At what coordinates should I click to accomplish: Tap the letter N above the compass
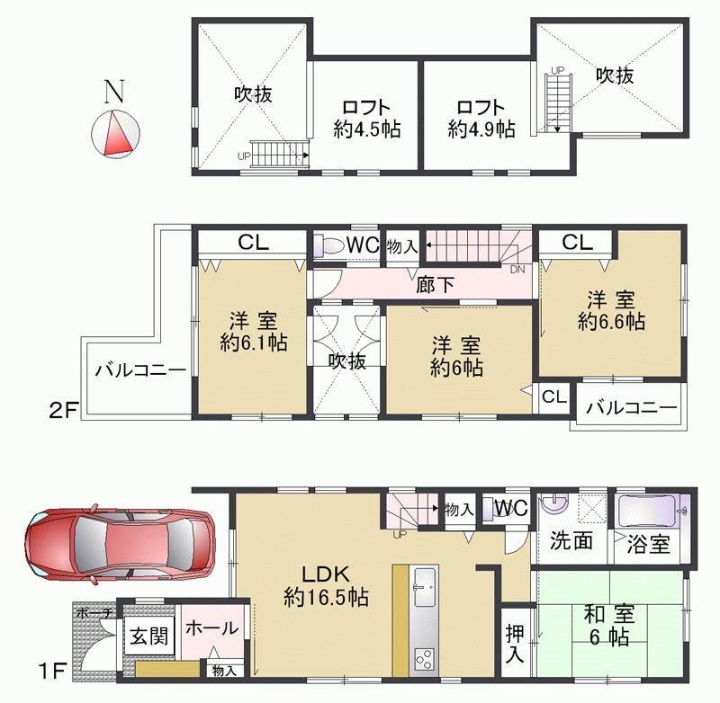(112, 90)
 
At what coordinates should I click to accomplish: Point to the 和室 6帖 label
(608, 626)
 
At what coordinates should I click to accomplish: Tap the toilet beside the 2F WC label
(328, 246)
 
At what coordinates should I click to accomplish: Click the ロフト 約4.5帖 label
(365, 117)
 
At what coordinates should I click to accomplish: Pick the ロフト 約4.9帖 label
(481, 117)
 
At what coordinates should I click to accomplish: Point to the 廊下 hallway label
(436, 287)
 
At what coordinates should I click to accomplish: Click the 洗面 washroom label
(571, 541)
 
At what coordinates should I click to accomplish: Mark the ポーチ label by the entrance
(94, 612)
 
